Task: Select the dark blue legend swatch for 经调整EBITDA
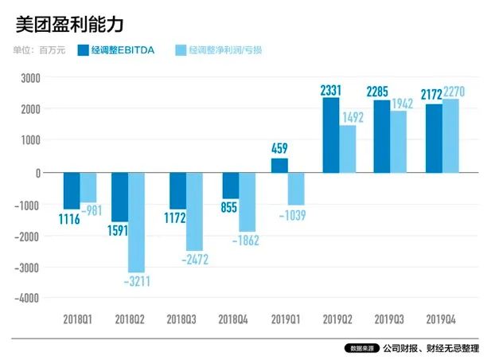click(82, 50)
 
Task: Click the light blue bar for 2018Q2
click(138, 222)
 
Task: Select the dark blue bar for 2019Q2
click(330, 135)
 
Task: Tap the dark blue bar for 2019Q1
click(279, 166)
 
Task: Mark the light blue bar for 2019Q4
click(451, 136)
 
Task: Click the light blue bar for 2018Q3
click(194, 211)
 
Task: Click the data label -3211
click(138, 280)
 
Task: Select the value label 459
click(280, 149)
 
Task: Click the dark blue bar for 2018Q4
click(231, 186)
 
